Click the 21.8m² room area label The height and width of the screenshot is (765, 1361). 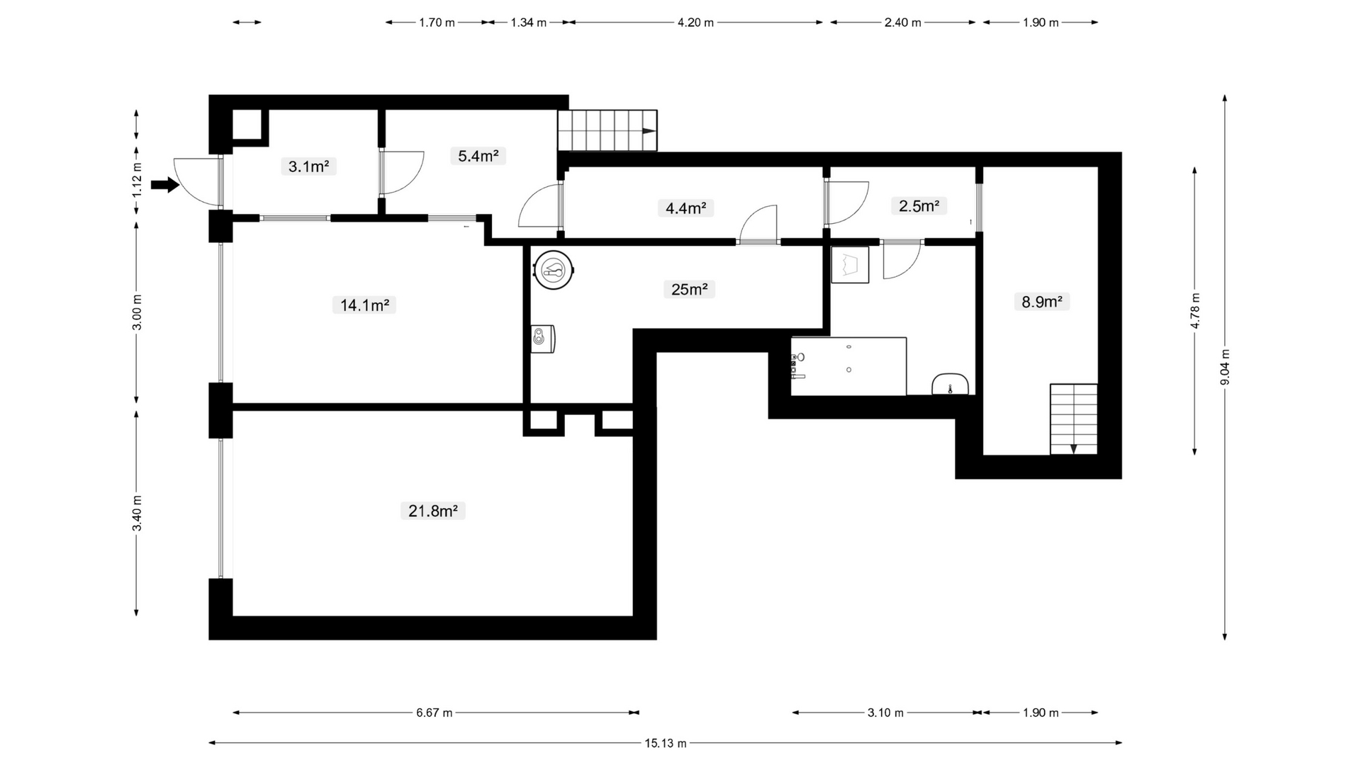pyautogui.click(x=432, y=511)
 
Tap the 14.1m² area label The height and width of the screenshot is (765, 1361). pyautogui.click(x=364, y=305)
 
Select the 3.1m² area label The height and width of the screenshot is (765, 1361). pyautogui.click(x=308, y=166)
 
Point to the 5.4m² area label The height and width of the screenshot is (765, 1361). pyautogui.click(x=478, y=156)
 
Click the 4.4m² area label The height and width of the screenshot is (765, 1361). pyautogui.click(x=685, y=208)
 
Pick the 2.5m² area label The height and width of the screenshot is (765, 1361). pyautogui.click(x=919, y=206)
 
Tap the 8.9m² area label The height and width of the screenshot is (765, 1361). pyautogui.click(x=1041, y=302)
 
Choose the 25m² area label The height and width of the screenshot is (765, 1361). pyautogui.click(x=689, y=289)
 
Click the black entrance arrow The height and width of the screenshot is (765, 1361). pyautogui.click(x=165, y=186)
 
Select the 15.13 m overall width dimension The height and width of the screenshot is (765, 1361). pyautogui.click(x=665, y=743)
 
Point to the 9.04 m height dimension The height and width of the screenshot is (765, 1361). pyautogui.click(x=1225, y=367)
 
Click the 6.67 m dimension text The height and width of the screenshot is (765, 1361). pyautogui.click(x=435, y=713)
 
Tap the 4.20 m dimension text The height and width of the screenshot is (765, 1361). pyautogui.click(x=695, y=23)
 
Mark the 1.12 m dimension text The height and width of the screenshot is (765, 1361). pyautogui.click(x=138, y=180)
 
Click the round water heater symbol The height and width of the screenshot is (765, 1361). pyautogui.click(x=553, y=270)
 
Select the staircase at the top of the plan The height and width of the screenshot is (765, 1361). pyautogui.click(x=607, y=130)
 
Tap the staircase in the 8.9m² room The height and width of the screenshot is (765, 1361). pyautogui.click(x=1074, y=419)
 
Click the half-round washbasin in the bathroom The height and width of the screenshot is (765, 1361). pyautogui.click(x=951, y=385)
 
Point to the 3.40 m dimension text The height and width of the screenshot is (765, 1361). pyautogui.click(x=138, y=514)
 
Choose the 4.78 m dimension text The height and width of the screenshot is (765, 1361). pyautogui.click(x=1195, y=311)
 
